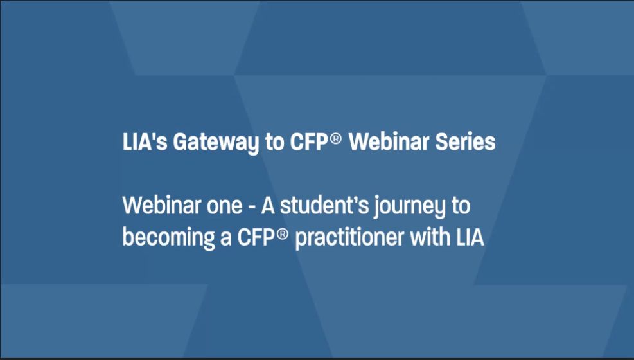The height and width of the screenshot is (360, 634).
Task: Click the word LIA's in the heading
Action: [x=145, y=142]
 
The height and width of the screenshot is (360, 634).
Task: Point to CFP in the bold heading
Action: [x=308, y=142]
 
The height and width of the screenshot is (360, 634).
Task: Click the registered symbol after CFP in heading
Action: [x=335, y=139]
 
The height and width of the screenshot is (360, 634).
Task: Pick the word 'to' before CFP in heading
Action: [x=274, y=143]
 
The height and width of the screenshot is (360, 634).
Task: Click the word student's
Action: [x=324, y=206]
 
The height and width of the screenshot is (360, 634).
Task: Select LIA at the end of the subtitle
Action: [x=470, y=237]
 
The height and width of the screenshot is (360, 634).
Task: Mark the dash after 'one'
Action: [x=252, y=207]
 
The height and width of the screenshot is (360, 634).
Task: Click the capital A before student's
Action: [x=268, y=206]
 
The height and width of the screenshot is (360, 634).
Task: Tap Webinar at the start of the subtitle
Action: [x=162, y=205]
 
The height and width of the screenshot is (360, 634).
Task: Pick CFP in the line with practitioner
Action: [x=256, y=237]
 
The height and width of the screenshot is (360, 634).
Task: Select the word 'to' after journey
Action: [x=461, y=206]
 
